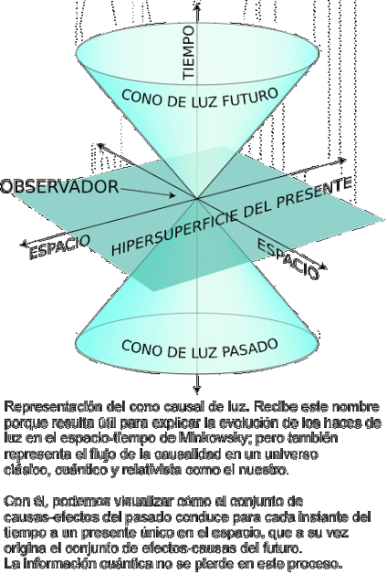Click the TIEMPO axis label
(x=189, y=53)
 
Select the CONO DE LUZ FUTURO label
(x=200, y=99)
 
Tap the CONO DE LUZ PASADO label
(x=200, y=349)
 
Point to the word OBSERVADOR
(x=59, y=186)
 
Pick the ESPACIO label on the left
(x=59, y=246)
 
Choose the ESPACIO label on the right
(x=288, y=258)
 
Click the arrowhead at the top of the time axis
(x=197, y=5)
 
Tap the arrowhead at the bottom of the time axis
(x=197, y=390)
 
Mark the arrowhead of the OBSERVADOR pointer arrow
(x=172, y=194)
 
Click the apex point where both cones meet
(x=196, y=199)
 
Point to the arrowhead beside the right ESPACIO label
(x=323, y=266)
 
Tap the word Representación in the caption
(x=53, y=407)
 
